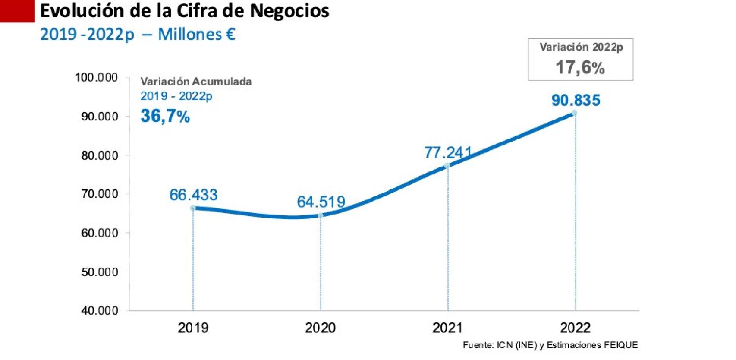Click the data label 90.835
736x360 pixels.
click(x=576, y=101)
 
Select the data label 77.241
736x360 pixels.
click(x=448, y=152)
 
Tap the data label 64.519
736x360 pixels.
click(x=321, y=202)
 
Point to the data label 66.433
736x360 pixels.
click(x=193, y=195)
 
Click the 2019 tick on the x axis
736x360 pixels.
click(x=193, y=328)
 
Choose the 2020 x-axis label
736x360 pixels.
click(x=320, y=328)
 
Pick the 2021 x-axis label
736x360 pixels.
click(x=447, y=328)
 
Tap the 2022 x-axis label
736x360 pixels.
click(x=575, y=328)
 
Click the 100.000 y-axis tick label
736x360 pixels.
click(x=96, y=77)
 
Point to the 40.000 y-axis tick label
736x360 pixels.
click(x=100, y=310)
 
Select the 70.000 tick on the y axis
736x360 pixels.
click(x=100, y=194)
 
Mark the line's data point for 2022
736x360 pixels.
click(x=575, y=113)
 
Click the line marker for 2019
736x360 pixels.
click(x=193, y=208)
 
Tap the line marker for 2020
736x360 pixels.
click(x=321, y=215)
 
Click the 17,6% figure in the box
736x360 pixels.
click(x=580, y=67)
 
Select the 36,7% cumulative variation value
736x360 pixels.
click(x=165, y=116)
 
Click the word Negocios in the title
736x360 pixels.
click(x=289, y=10)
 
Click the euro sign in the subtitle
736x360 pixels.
click(x=231, y=34)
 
